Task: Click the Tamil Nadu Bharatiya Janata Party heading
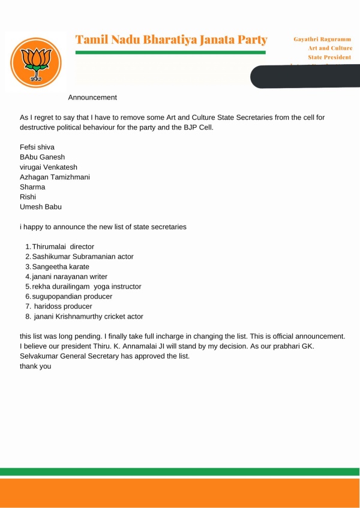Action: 171,40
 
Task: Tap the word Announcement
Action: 92,97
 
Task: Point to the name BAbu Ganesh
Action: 42,157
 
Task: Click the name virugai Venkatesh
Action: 49,167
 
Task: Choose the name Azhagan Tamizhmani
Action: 55,177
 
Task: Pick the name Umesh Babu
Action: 41,207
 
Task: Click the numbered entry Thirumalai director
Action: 63,247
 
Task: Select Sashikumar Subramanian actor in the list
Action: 83,257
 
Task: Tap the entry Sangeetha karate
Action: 61,266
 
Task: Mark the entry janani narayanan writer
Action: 70,276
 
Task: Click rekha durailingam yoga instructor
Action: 87,287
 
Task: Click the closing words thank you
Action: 35,366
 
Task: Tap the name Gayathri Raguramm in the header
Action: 322,39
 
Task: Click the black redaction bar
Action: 306,77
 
